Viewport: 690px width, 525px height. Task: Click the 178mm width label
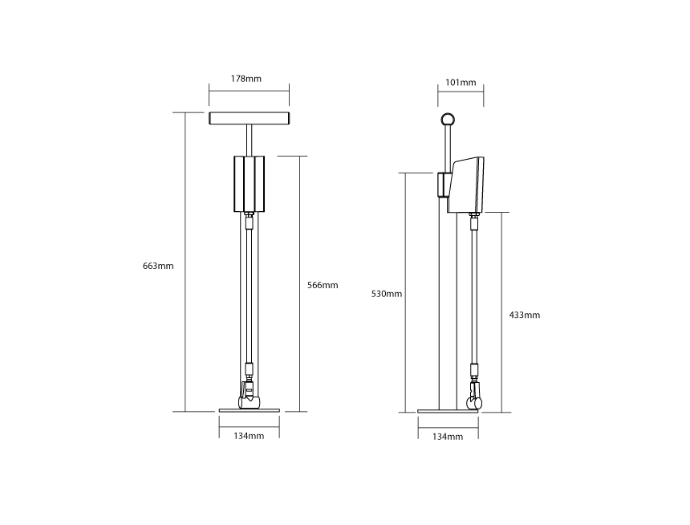[246, 79]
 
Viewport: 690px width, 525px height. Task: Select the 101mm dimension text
[460, 82]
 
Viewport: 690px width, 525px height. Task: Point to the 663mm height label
[158, 266]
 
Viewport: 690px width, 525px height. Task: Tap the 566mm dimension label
[323, 285]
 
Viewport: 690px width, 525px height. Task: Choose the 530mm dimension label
[387, 294]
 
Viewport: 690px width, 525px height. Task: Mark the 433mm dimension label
[525, 315]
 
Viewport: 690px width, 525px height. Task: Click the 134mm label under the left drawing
[249, 436]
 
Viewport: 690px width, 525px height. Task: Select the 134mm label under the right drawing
[448, 437]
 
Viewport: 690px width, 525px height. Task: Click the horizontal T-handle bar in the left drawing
[249, 119]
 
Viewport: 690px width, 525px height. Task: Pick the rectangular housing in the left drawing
[249, 184]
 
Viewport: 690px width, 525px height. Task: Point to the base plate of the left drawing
[249, 410]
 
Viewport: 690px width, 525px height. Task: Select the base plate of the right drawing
[448, 411]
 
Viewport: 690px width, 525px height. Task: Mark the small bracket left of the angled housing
[442, 184]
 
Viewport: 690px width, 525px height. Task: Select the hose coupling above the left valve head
[249, 370]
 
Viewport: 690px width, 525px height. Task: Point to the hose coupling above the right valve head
[474, 371]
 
